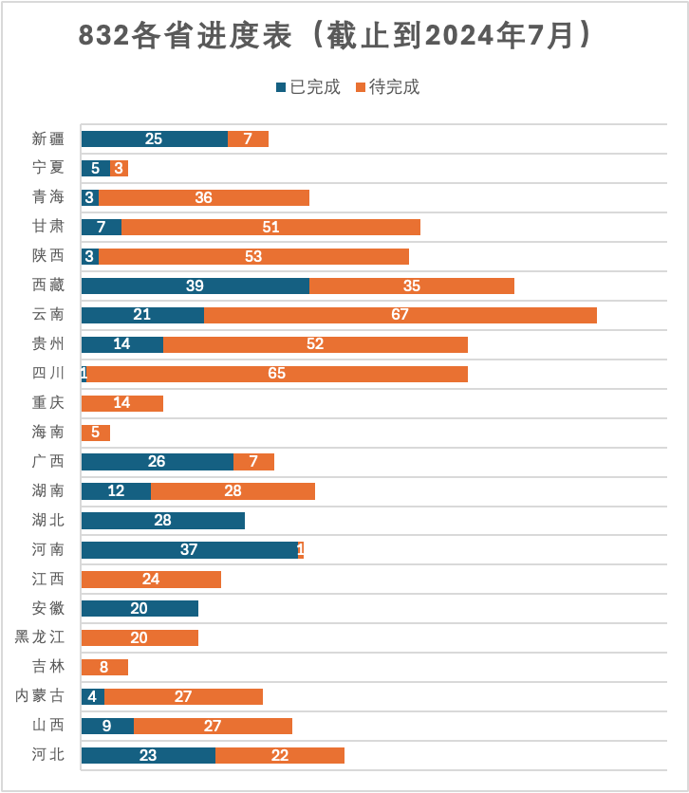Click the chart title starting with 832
(x=336, y=36)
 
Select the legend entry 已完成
(x=307, y=87)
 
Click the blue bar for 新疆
(x=154, y=138)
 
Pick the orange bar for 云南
(x=400, y=315)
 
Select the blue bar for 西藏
(x=195, y=286)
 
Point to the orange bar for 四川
(x=277, y=374)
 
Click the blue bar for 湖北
(x=162, y=521)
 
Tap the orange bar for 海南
(x=95, y=433)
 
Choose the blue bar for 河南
(x=189, y=550)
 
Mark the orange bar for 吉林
(x=103, y=667)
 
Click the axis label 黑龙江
(x=40, y=637)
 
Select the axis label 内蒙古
(x=40, y=696)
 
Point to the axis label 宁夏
(x=48, y=168)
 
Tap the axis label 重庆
(x=48, y=403)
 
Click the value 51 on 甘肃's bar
(x=270, y=227)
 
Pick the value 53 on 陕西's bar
(x=252, y=256)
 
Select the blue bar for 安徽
(x=140, y=608)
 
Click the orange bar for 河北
(x=279, y=755)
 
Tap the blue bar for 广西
(x=157, y=462)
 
